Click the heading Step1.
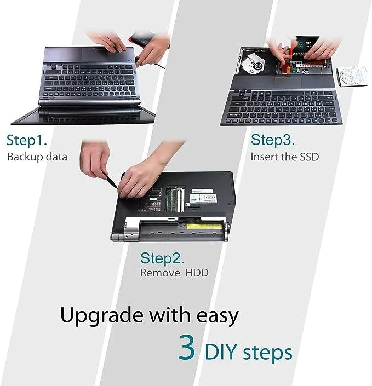[x=27, y=141]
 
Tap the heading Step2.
[x=162, y=258]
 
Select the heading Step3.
[x=272, y=140]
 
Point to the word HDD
[x=197, y=273]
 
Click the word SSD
[x=309, y=157]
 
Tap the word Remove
[x=160, y=273]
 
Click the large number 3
[x=187, y=347]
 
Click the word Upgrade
[x=101, y=315]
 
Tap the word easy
[x=218, y=316]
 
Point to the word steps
[x=267, y=353]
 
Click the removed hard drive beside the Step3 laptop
[x=352, y=76]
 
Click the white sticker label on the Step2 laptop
[x=203, y=198]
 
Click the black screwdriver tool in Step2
[x=112, y=181]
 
